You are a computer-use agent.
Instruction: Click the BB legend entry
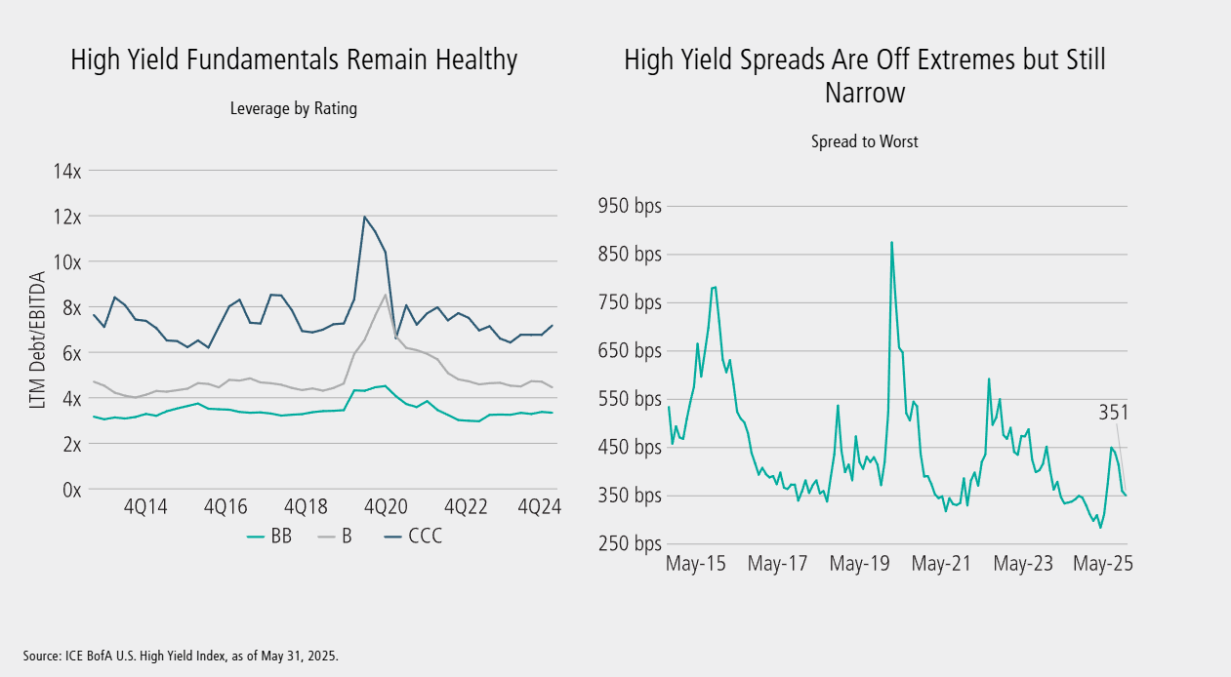271,536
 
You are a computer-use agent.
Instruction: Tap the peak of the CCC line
364,217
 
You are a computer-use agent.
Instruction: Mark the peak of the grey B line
386,295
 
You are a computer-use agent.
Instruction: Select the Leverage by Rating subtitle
293,109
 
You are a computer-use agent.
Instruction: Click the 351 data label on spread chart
1112,413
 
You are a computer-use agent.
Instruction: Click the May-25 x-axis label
1098,564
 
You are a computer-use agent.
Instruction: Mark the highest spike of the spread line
891,242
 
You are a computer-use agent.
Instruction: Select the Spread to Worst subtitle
864,141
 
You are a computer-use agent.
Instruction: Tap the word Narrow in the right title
865,94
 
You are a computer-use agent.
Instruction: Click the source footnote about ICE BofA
181,655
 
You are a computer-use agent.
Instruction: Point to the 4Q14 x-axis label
144,507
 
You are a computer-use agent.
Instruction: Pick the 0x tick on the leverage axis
70,490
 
